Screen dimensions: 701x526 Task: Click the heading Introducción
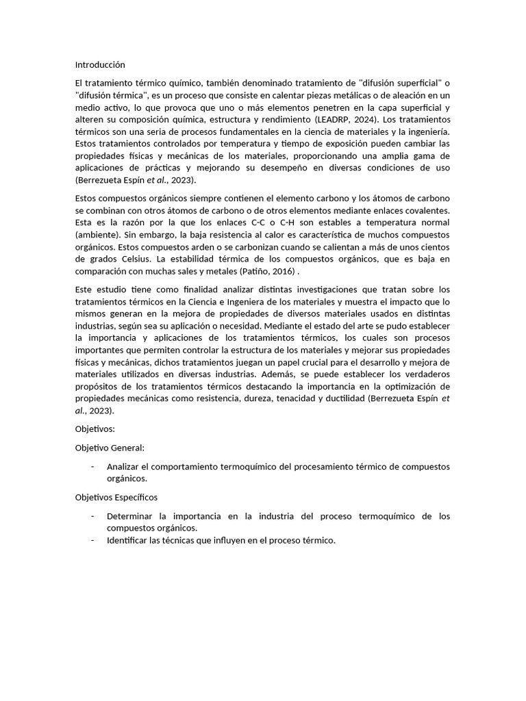100,65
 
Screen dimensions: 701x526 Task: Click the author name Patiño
254,270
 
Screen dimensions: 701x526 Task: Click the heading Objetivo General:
110,447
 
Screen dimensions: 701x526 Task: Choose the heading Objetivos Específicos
116,497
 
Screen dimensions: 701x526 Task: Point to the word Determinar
130,515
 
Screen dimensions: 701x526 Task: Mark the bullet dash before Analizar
92,466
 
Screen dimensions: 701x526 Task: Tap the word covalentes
426,212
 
